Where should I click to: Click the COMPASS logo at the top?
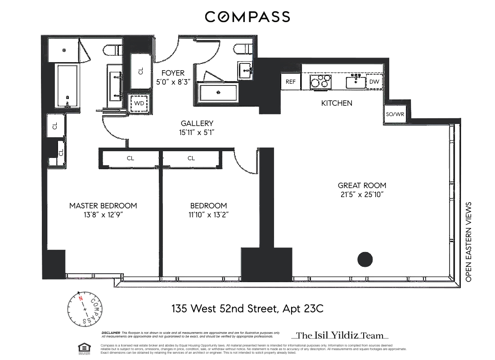click(x=247, y=17)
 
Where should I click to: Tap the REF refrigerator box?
click(x=291, y=81)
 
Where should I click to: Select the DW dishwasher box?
click(x=374, y=81)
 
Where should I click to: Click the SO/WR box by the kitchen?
click(x=396, y=114)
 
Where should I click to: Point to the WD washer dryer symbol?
click(x=139, y=103)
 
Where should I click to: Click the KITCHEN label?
click(x=337, y=103)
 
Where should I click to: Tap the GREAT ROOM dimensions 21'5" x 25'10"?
click(x=362, y=194)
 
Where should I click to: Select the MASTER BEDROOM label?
click(x=103, y=206)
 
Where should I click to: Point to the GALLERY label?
click(x=197, y=123)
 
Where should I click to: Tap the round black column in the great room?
click(x=365, y=260)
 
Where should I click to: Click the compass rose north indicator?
click(x=81, y=298)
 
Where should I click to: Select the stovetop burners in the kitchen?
click(x=320, y=82)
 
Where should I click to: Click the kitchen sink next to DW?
click(x=355, y=82)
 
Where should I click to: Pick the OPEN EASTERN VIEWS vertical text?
click(x=468, y=242)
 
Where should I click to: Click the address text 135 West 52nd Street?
click(x=247, y=309)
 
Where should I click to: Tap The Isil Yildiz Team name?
click(x=340, y=335)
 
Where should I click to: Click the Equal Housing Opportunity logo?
click(x=84, y=347)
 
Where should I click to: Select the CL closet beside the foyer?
click(x=141, y=71)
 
